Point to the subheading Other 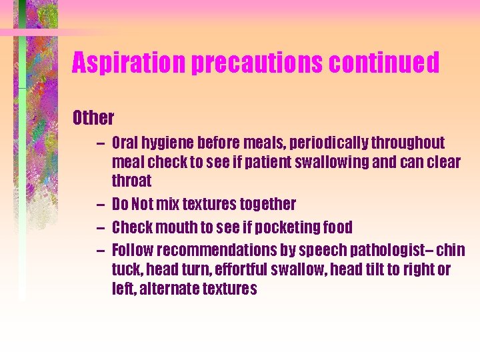pos(93,119)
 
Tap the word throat pos(132,181)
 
